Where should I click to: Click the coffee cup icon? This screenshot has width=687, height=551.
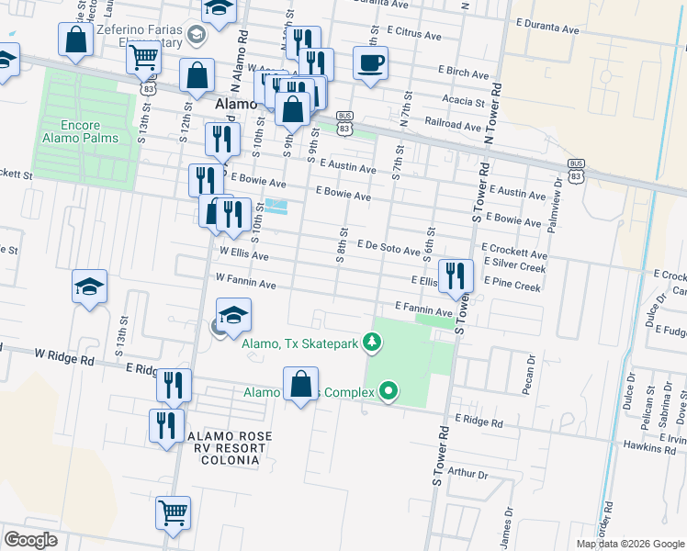pos(370,64)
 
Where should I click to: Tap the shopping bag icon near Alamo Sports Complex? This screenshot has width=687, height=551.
pos(301,384)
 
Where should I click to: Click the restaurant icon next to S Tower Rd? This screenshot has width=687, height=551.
pos(456,275)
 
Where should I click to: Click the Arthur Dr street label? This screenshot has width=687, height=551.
pos(468,475)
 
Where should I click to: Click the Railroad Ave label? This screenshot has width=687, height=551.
pos(453,124)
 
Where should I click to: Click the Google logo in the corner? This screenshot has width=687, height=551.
pos(31,540)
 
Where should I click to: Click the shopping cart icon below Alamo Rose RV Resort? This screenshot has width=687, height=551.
pos(173,512)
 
